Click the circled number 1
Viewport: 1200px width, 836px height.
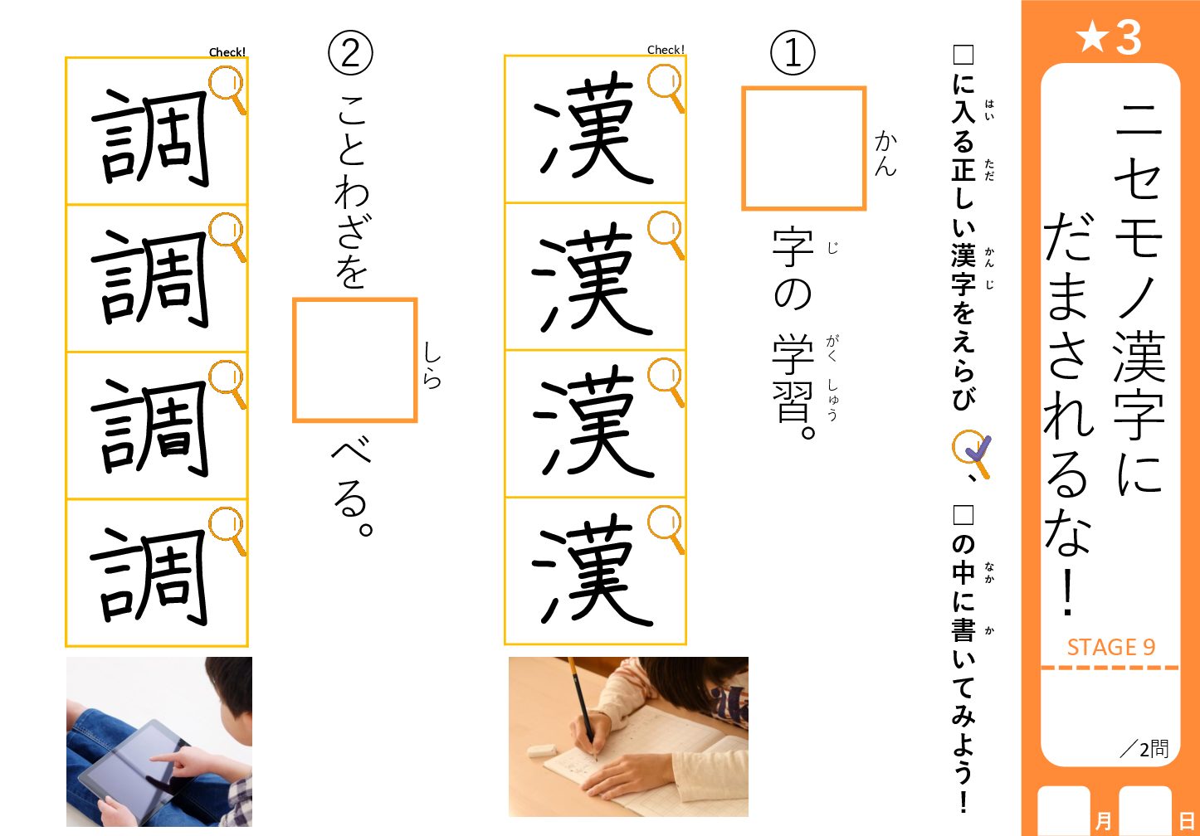793,53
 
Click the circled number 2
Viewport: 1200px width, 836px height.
350,53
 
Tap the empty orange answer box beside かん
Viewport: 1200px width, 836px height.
803,148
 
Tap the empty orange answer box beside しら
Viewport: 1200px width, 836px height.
354,360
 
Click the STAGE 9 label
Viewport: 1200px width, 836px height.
1110,647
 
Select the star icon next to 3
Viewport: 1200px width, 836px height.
1092,37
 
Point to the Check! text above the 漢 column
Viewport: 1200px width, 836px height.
666,50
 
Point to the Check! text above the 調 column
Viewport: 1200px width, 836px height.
227,52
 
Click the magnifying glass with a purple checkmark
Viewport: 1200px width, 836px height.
972,453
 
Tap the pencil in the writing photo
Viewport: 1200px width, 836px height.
583,707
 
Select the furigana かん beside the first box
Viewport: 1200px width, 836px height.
885,153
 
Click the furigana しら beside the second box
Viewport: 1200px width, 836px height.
432,364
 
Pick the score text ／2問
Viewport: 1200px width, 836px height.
1144,749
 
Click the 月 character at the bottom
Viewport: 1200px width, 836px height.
1103,820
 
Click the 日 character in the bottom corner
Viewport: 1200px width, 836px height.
1186,820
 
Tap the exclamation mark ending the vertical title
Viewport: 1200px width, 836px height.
1068,593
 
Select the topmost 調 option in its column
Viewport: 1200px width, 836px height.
150,138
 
